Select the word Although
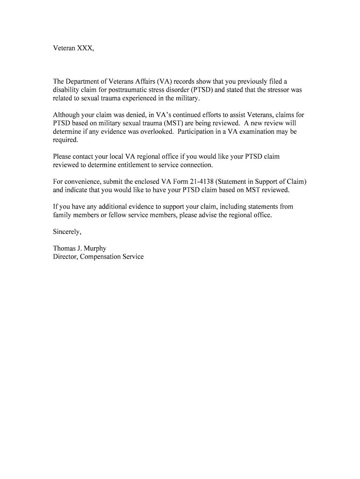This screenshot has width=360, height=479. (66, 115)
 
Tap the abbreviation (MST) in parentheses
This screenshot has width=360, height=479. (164, 123)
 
